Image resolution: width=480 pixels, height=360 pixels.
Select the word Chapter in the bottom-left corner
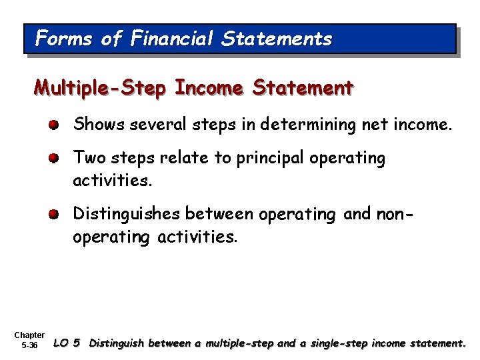point(29,335)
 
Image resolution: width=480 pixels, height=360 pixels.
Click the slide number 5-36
point(29,345)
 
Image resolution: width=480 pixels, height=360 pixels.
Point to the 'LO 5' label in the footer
point(67,344)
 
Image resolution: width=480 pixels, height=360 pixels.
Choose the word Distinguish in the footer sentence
point(118,344)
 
